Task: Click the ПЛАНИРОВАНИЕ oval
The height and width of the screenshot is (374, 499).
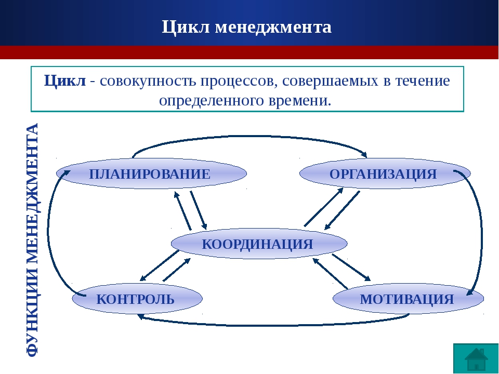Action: click(151, 173)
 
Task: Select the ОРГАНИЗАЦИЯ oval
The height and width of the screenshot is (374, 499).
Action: click(385, 173)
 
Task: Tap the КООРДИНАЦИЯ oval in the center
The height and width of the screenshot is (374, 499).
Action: click(259, 244)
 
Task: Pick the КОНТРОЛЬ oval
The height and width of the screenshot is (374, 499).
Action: click(137, 299)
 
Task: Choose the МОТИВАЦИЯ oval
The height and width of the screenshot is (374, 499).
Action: click(409, 299)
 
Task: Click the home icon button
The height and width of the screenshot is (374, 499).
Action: click(476, 358)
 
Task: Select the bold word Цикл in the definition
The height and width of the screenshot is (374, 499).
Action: click(65, 81)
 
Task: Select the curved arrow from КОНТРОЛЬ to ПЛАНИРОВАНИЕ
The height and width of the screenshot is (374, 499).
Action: click(48, 229)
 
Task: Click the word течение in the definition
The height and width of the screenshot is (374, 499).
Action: click(423, 81)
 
